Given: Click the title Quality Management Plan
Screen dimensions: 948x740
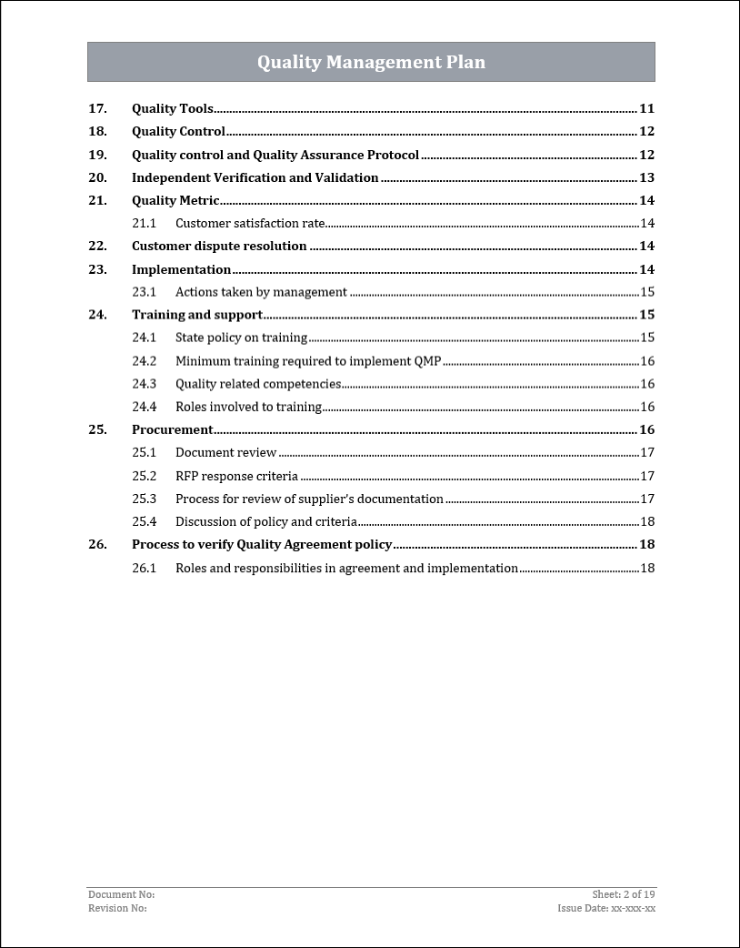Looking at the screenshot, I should pyautogui.click(x=371, y=63).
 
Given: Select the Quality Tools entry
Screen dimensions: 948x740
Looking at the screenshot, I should pyautogui.click(x=173, y=109).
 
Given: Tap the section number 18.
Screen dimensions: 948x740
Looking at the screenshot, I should pyautogui.click(x=97, y=132).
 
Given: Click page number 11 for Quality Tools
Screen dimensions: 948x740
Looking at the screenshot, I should pyautogui.click(x=646, y=109).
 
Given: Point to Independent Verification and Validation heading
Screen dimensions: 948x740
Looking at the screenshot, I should pyautogui.click(x=255, y=178).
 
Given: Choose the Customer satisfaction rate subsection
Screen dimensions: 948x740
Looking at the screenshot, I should pyautogui.click(x=249, y=224).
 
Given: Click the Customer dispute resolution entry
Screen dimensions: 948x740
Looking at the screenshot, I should pyautogui.click(x=219, y=247).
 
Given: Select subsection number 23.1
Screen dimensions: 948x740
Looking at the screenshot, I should pyautogui.click(x=144, y=292).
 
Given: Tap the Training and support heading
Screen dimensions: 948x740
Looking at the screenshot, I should pyautogui.click(x=197, y=315).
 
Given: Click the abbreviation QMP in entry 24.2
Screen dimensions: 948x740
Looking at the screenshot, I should pyautogui.click(x=427, y=361).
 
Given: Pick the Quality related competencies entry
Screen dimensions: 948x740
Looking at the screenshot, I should pyautogui.click(x=258, y=384).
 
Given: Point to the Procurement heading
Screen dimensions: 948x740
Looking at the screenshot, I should pyautogui.click(x=172, y=429).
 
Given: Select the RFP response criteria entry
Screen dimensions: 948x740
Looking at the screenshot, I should pyautogui.click(x=236, y=476).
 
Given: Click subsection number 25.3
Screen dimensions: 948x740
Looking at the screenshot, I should pyautogui.click(x=144, y=499).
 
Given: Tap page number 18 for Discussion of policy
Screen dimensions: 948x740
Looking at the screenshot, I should pyautogui.click(x=647, y=521).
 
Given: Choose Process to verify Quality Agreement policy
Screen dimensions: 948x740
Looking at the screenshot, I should pyautogui.click(x=262, y=545).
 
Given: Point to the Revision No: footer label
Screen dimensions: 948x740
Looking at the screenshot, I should pyautogui.click(x=117, y=908).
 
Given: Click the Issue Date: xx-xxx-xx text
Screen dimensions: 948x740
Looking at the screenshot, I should pyautogui.click(x=606, y=908).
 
